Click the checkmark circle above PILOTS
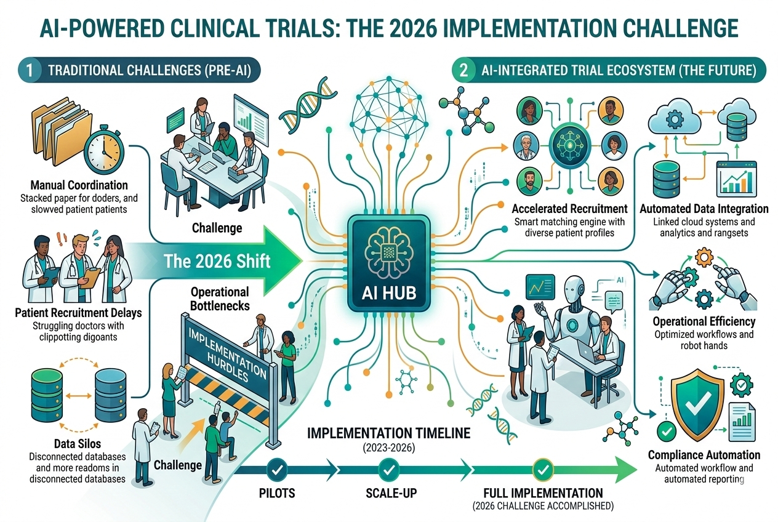(276, 471)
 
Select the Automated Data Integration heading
(704, 209)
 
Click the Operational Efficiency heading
(704, 321)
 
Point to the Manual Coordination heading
(78, 185)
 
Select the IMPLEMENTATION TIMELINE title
(388, 433)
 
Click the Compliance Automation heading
(704, 455)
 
